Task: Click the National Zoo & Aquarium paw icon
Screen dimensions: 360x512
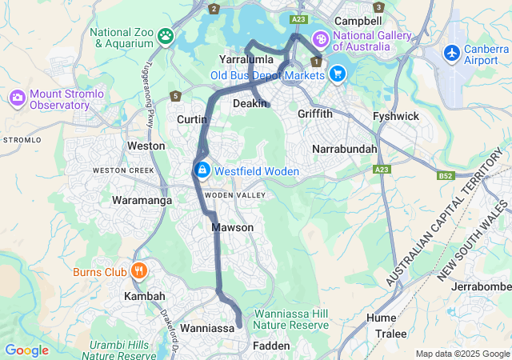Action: (166, 35)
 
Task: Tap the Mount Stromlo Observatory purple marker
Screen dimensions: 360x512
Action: (18, 98)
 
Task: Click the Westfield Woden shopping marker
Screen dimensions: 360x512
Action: (202, 170)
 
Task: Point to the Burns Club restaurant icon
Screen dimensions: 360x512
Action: (139, 271)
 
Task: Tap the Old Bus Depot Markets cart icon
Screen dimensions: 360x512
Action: (338, 74)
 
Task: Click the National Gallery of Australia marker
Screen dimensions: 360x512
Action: (321, 39)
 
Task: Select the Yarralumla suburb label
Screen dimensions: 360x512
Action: (246, 60)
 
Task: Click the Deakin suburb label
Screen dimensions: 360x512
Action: (250, 104)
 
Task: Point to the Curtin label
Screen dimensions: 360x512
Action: (192, 119)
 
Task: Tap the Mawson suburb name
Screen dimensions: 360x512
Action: (233, 228)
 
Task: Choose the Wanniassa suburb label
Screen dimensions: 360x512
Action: (206, 328)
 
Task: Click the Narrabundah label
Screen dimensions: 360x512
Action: (343, 150)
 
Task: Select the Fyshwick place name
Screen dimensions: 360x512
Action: (396, 117)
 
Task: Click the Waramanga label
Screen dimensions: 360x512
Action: (142, 200)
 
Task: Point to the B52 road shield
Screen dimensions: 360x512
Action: (446, 175)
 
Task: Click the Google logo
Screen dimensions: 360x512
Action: (26, 350)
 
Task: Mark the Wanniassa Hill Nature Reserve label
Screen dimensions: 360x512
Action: (291, 319)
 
